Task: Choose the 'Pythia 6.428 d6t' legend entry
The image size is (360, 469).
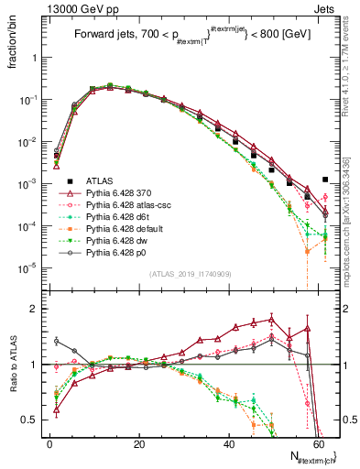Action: (x=118, y=221)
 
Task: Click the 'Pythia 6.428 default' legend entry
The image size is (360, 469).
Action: (x=124, y=234)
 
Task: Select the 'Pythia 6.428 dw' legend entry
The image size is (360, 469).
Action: (x=117, y=248)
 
